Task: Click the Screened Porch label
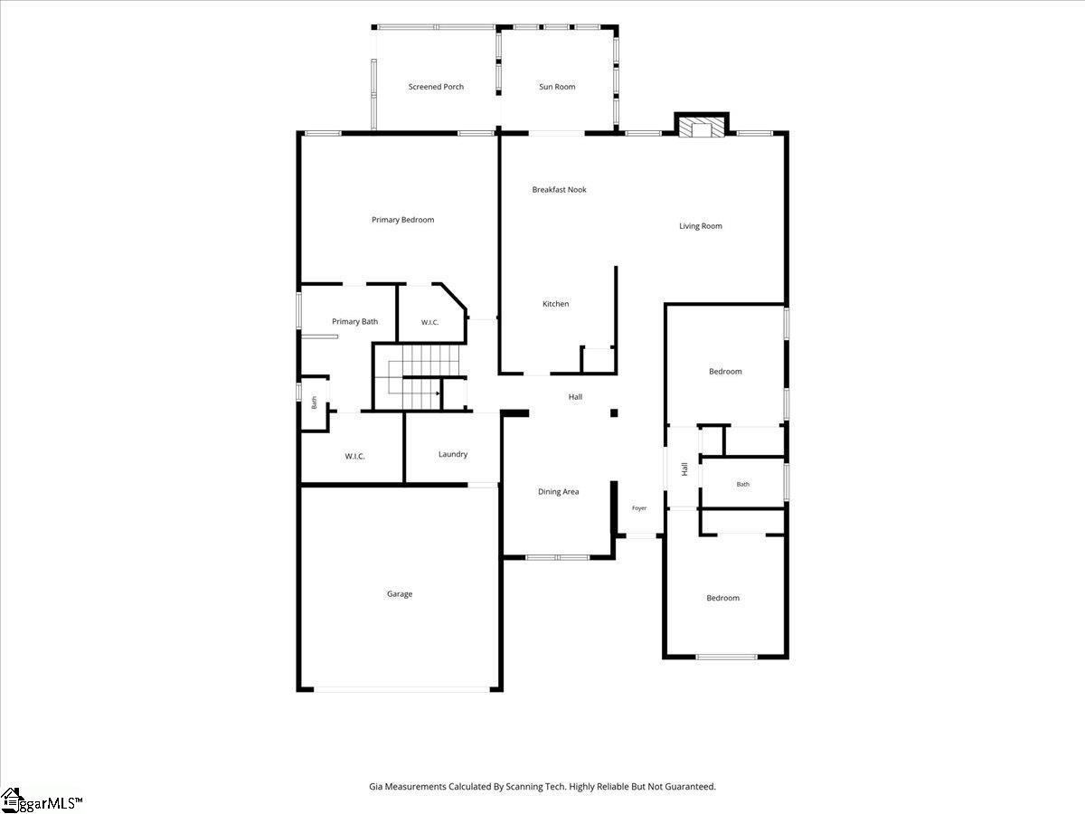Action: click(x=436, y=87)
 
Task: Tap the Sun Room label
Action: click(x=557, y=87)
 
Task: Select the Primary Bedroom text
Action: click(x=403, y=220)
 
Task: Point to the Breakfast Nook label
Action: click(x=559, y=190)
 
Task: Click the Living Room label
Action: click(x=701, y=226)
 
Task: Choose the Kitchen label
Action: click(x=555, y=304)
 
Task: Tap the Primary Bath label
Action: click(x=355, y=322)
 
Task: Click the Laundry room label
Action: click(x=453, y=454)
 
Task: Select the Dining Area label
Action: click(x=558, y=492)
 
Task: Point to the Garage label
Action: click(x=400, y=594)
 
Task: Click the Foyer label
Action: click(x=639, y=508)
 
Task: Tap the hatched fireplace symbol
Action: click(x=702, y=128)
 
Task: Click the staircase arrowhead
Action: click(x=438, y=393)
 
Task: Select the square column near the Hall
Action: click(x=614, y=413)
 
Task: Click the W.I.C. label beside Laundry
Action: click(x=355, y=456)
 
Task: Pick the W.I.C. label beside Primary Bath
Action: click(x=429, y=322)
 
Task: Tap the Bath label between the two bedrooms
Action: click(x=743, y=485)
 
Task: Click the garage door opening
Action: click(x=401, y=689)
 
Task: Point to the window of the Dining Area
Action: click(x=557, y=557)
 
